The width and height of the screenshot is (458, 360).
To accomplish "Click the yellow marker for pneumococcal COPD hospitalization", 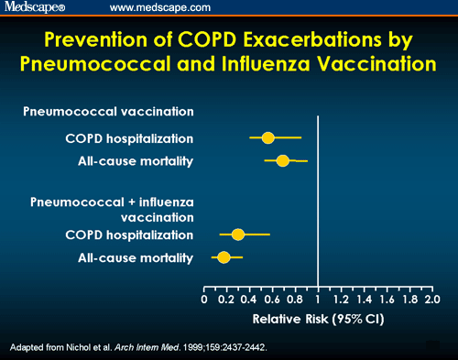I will click(x=267, y=137).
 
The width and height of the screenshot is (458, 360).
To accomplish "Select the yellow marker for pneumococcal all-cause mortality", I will click(x=282, y=161).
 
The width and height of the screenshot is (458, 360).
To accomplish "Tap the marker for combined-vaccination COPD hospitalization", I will click(x=238, y=235).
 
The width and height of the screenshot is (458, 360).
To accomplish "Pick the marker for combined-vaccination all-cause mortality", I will click(x=224, y=257).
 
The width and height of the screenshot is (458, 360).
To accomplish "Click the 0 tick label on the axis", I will click(x=203, y=300).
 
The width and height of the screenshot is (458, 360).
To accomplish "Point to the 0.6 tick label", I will click(x=271, y=300).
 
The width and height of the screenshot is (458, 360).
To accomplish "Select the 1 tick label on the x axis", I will click(x=317, y=300).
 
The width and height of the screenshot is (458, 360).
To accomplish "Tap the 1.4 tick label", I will click(x=364, y=300).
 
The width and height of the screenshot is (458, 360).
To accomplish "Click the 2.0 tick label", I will click(x=431, y=300).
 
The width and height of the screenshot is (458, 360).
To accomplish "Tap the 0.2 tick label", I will click(x=225, y=300).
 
